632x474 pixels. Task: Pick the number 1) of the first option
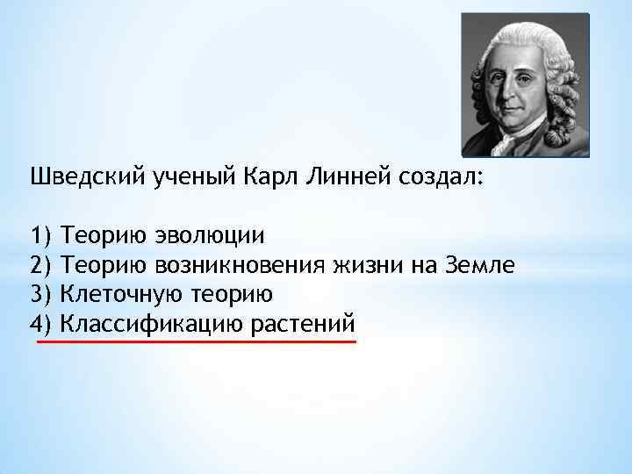tap(41, 236)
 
